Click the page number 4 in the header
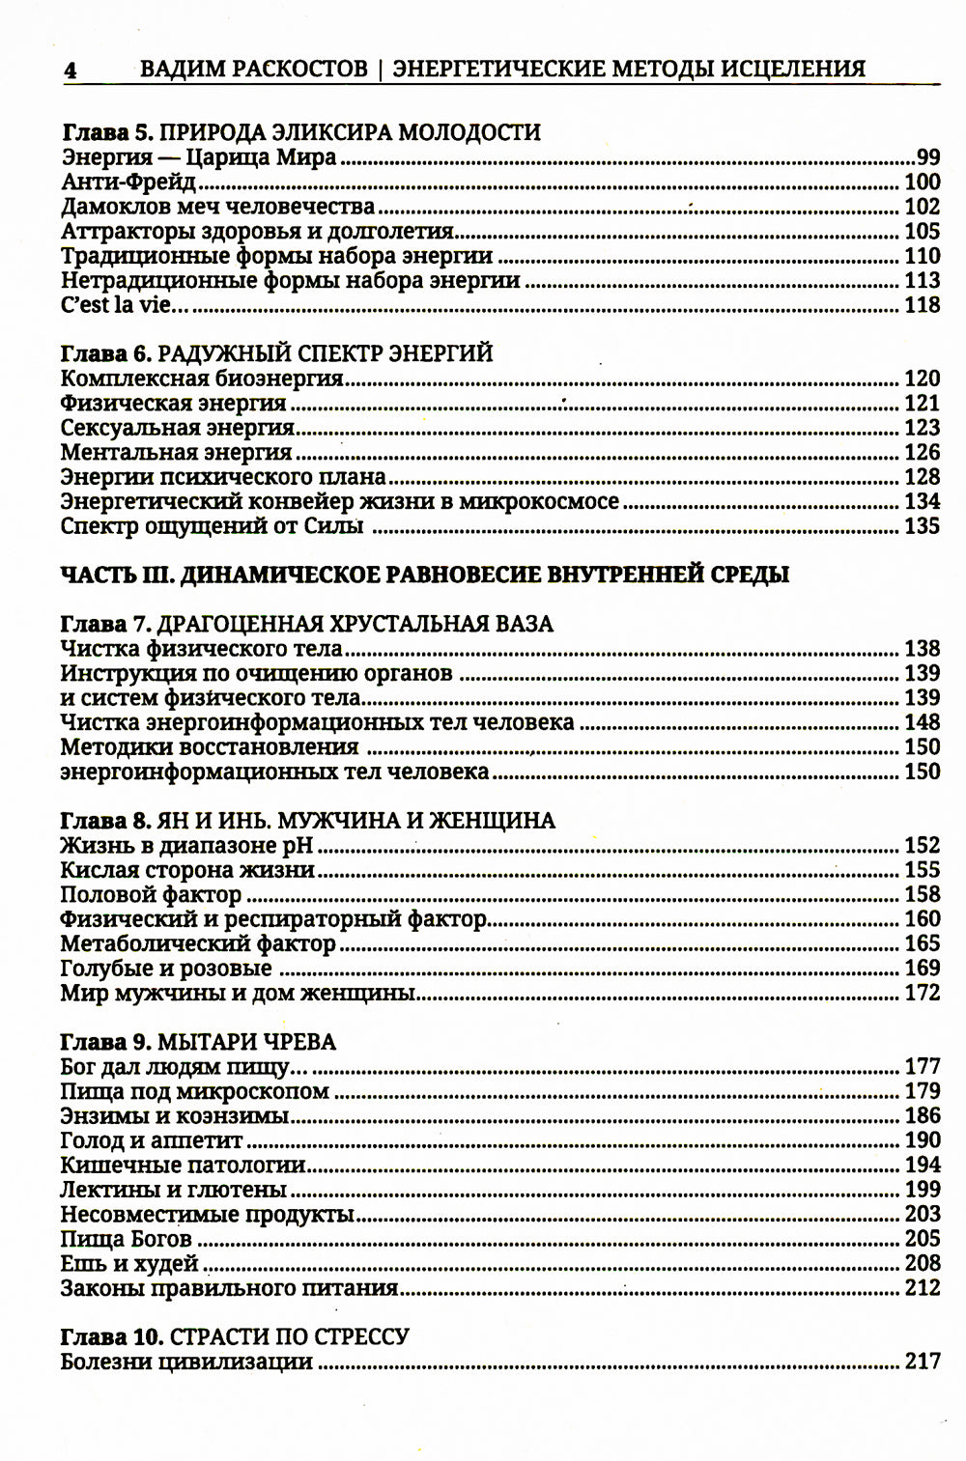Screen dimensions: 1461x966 coord(70,70)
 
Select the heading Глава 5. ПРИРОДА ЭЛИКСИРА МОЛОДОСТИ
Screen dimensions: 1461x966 coord(300,132)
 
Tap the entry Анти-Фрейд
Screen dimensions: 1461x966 coord(128,182)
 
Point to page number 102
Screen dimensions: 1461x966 coord(922,207)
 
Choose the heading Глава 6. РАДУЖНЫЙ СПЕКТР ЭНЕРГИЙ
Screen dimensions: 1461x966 coord(276,353)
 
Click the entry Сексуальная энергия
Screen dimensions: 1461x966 coord(177,428)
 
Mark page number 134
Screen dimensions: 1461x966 coord(922,502)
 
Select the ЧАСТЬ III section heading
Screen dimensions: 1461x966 coord(424,576)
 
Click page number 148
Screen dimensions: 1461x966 coord(922,722)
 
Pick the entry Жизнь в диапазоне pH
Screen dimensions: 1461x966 coord(188,846)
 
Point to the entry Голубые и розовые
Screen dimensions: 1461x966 coord(166,969)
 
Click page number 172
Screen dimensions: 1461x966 coord(922,993)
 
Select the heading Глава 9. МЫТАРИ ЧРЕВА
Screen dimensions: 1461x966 coord(198,1042)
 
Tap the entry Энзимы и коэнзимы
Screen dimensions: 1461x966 coord(175,1116)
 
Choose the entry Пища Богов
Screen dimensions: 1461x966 coord(126,1239)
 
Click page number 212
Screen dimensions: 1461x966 coord(922,1288)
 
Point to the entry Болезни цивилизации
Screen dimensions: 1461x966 coord(186,1363)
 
